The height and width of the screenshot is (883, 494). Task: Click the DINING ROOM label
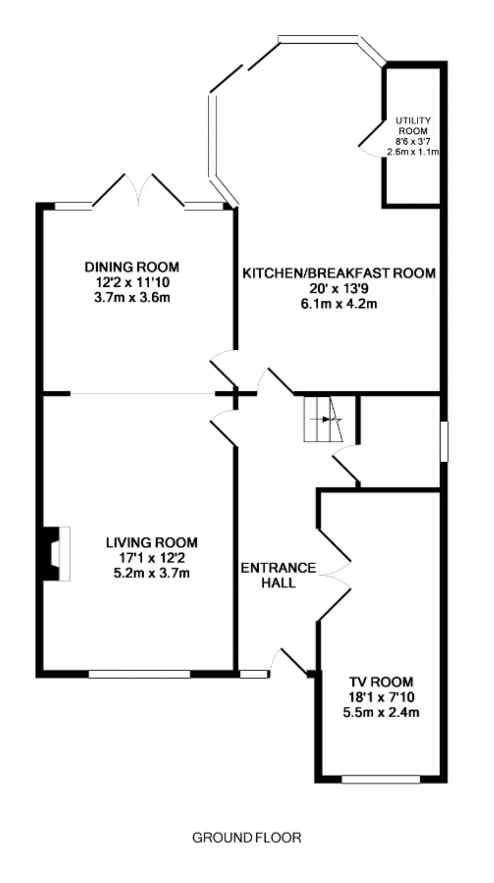pos(132,267)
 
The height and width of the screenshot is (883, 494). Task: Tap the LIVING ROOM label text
pos(152,543)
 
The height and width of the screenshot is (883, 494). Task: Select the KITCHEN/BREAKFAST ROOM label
pos(339,273)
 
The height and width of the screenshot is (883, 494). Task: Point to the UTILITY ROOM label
pos(413,126)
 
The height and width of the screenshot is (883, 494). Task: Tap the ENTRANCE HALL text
pos(278,575)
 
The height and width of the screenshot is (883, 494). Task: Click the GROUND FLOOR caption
pos(247,838)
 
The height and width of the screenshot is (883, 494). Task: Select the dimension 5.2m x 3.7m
pos(152,573)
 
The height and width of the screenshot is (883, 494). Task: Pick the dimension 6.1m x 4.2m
pos(339,304)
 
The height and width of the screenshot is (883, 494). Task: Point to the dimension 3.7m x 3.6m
pos(132,298)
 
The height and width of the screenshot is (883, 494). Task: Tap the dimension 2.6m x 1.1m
pos(413,152)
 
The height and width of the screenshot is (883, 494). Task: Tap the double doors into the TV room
pos(334,575)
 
